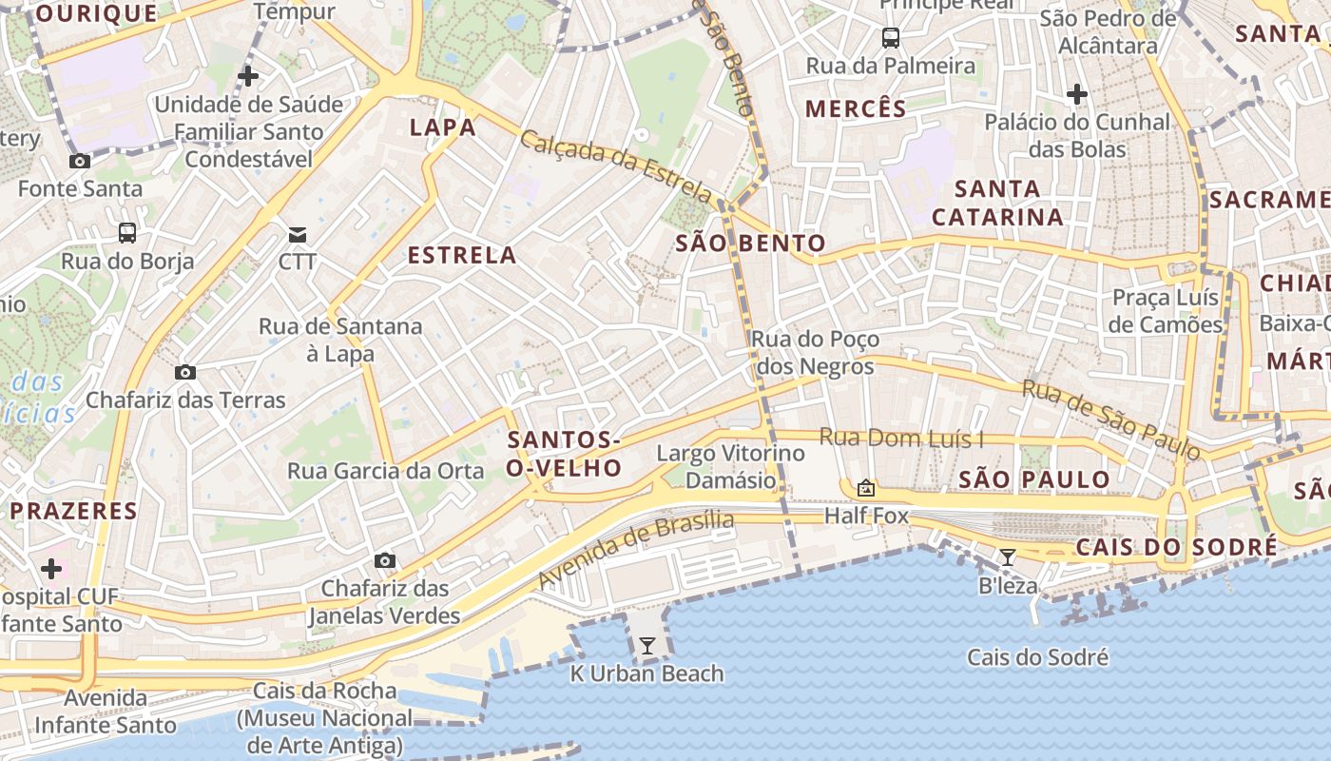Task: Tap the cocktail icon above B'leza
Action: tap(1008, 556)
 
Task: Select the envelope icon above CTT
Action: tap(298, 234)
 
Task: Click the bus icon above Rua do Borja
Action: tap(126, 233)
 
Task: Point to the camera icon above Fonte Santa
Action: tap(80, 161)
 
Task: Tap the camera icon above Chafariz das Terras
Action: tap(185, 372)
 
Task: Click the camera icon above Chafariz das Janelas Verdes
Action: tap(384, 560)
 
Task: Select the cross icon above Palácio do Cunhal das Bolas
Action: tap(1076, 94)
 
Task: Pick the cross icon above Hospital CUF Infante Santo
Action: tap(51, 569)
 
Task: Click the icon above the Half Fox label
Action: tap(865, 488)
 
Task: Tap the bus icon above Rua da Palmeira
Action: tap(890, 38)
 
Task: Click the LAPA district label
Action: tap(442, 127)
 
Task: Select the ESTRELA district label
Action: tap(462, 255)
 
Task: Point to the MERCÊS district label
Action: tap(856, 108)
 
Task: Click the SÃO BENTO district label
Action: tap(750, 243)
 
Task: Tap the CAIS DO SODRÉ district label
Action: tap(1176, 547)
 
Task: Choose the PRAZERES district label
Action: tap(73, 511)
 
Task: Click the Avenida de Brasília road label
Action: tap(636, 549)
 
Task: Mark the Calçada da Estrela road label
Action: tap(615, 166)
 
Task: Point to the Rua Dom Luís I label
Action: tap(901, 439)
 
